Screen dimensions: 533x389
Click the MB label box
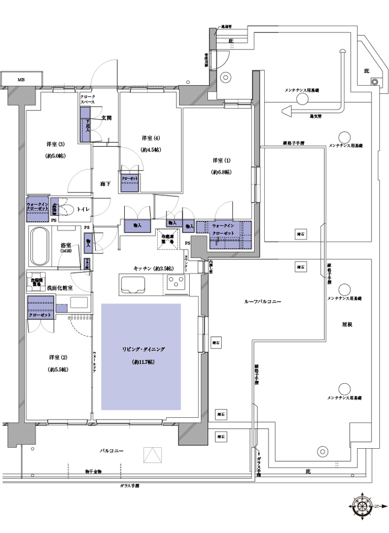click(21, 79)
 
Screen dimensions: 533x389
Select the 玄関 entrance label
click(106, 118)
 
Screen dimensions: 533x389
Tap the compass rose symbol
click(363, 506)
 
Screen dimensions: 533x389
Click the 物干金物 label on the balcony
click(97, 472)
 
